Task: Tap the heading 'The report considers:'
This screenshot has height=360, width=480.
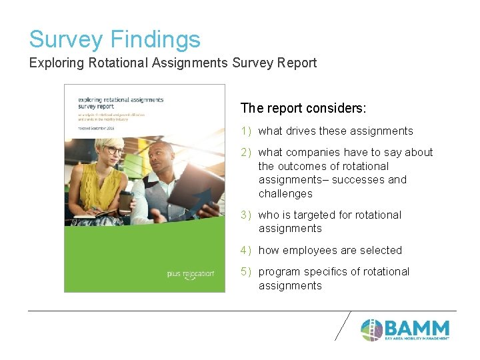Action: pos(303,108)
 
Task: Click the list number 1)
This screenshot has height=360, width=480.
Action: pos(246,131)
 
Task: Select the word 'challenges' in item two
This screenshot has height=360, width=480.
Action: pos(285,194)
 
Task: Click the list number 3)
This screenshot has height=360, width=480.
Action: pos(246,215)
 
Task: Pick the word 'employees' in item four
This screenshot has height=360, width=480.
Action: pos(309,251)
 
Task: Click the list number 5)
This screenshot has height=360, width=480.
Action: pos(246,272)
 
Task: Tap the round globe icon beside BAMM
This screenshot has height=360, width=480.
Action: pos(371,329)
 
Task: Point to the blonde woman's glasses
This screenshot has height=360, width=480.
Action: pos(113,150)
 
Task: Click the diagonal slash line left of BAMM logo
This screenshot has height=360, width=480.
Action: pos(343,325)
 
